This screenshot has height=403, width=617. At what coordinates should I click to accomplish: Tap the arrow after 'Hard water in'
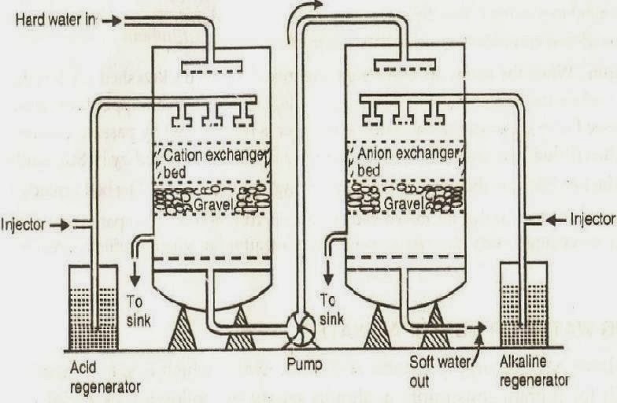point(113,20)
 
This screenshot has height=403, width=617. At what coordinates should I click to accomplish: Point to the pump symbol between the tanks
point(301,328)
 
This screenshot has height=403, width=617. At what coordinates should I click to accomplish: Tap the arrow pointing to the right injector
point(556,220)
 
